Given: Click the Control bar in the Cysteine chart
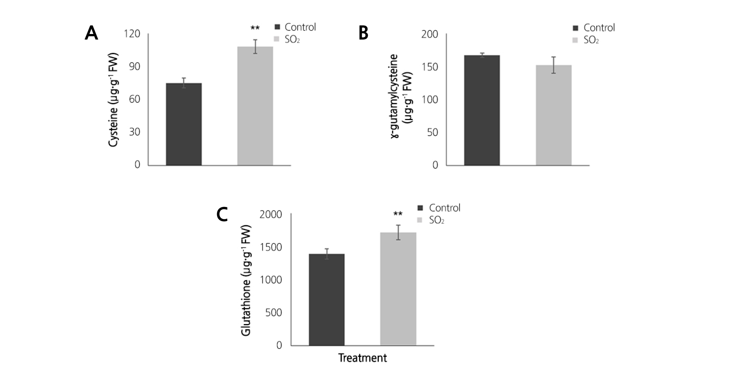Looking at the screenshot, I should [x=184, y=124].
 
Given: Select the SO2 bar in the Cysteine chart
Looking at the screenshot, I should [x=255, y=106].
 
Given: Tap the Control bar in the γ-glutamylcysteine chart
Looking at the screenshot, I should [x=482, y=110].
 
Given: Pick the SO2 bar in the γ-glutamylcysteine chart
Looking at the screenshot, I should [x=554, y=115].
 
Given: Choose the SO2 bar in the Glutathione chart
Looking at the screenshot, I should [x=398, y=289].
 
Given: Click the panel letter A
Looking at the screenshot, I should [x=91, y=33].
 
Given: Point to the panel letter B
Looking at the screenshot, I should [x=363, y=33].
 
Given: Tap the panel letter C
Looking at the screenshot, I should [x=222, y=215].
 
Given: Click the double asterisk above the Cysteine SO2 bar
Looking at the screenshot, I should [x=255, y=28].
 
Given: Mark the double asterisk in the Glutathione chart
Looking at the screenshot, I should [x=398, y=214].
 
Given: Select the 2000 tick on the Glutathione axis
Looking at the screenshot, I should [x=271, y=215].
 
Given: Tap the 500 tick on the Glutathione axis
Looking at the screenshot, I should [x=273, y=313].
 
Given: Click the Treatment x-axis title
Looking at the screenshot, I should [x=362, y=358].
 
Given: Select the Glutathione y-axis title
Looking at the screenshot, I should [x=246, y=280].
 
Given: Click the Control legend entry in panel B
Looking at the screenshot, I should [x=594, y=28].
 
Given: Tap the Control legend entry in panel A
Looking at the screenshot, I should [x=295, y=27].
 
